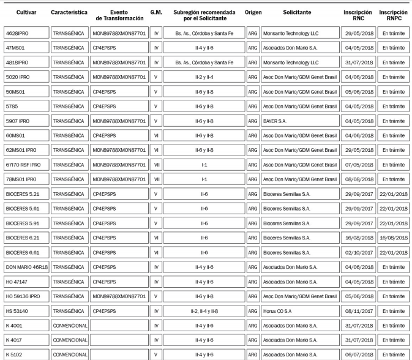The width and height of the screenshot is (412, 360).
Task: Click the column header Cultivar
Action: pos(26,12)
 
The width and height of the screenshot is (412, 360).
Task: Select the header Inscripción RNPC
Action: pos(393,16)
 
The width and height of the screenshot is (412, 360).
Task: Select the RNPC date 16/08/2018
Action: pos(393,238)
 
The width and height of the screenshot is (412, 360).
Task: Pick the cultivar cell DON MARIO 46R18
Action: pos(26,266)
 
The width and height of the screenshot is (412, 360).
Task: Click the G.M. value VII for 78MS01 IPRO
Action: pos(156,179)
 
